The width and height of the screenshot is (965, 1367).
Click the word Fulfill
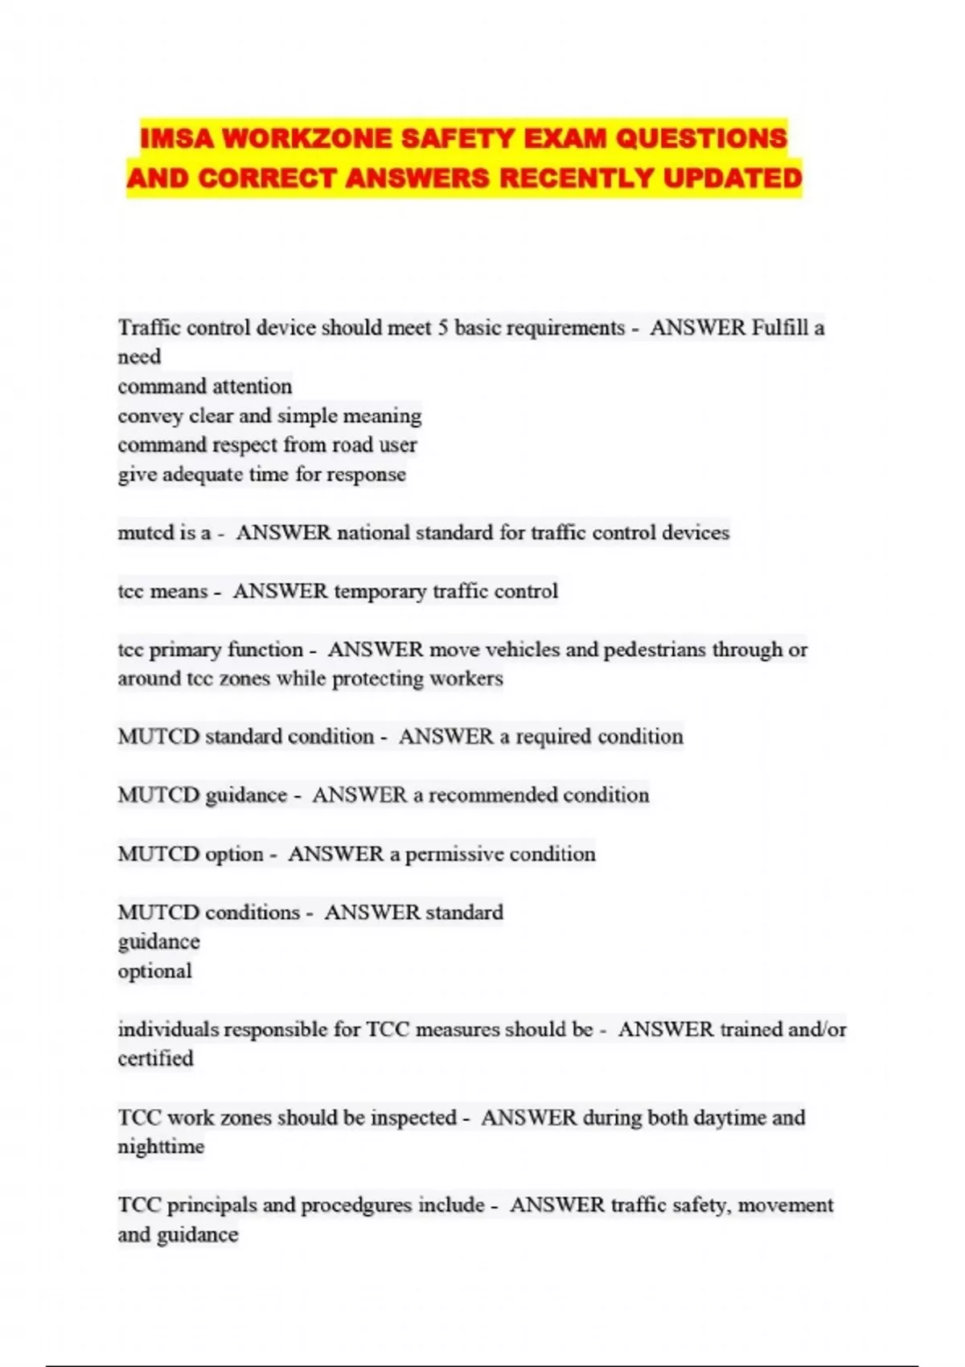(779, 328)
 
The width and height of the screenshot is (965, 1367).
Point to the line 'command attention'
(205, 387)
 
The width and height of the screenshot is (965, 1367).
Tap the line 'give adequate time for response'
(261, 474)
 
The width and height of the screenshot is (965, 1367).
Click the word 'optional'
(154, 971)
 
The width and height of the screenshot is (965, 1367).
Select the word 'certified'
(155, 1059)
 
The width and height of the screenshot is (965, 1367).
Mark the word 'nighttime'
(161, 1147)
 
